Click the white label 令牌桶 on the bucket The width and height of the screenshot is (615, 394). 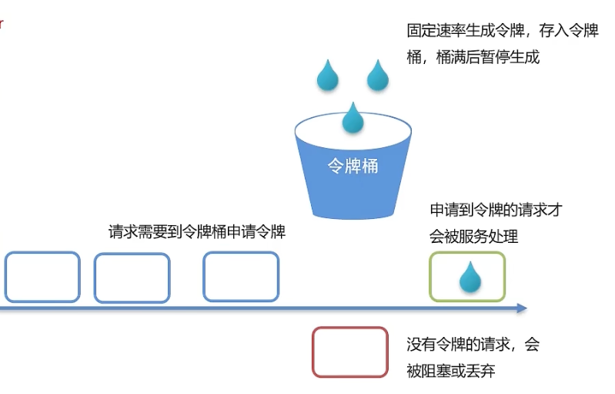tap(353, 166)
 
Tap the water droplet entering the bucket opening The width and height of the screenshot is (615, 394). tap(353, 119)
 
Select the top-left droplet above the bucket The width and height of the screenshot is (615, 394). tap(327, 76)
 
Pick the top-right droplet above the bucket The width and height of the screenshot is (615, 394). tap(378, 76)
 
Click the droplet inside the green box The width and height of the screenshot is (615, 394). tap(470, 278)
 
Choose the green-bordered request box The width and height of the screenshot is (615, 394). tap(467, 252)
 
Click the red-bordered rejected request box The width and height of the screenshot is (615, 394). tap(350, 328)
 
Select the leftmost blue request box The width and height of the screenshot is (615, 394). tap(42, 253)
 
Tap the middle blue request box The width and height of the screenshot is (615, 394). tap(132, 254)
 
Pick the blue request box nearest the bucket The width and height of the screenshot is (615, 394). tap(241, 253)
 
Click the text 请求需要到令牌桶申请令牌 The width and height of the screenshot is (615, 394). tap(197, 232)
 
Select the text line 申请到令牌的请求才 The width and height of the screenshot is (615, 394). tap(496, 210)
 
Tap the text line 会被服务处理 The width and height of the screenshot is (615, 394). tap(474, 237)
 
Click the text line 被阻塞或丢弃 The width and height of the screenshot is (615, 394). tap(451, 371)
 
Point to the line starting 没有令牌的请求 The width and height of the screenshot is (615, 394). tap(473, 345)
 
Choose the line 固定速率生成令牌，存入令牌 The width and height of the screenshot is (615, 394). tap(503, 31)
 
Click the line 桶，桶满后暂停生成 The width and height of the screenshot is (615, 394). tap(473, 57)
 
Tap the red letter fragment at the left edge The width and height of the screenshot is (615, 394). tap(2, 24)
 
